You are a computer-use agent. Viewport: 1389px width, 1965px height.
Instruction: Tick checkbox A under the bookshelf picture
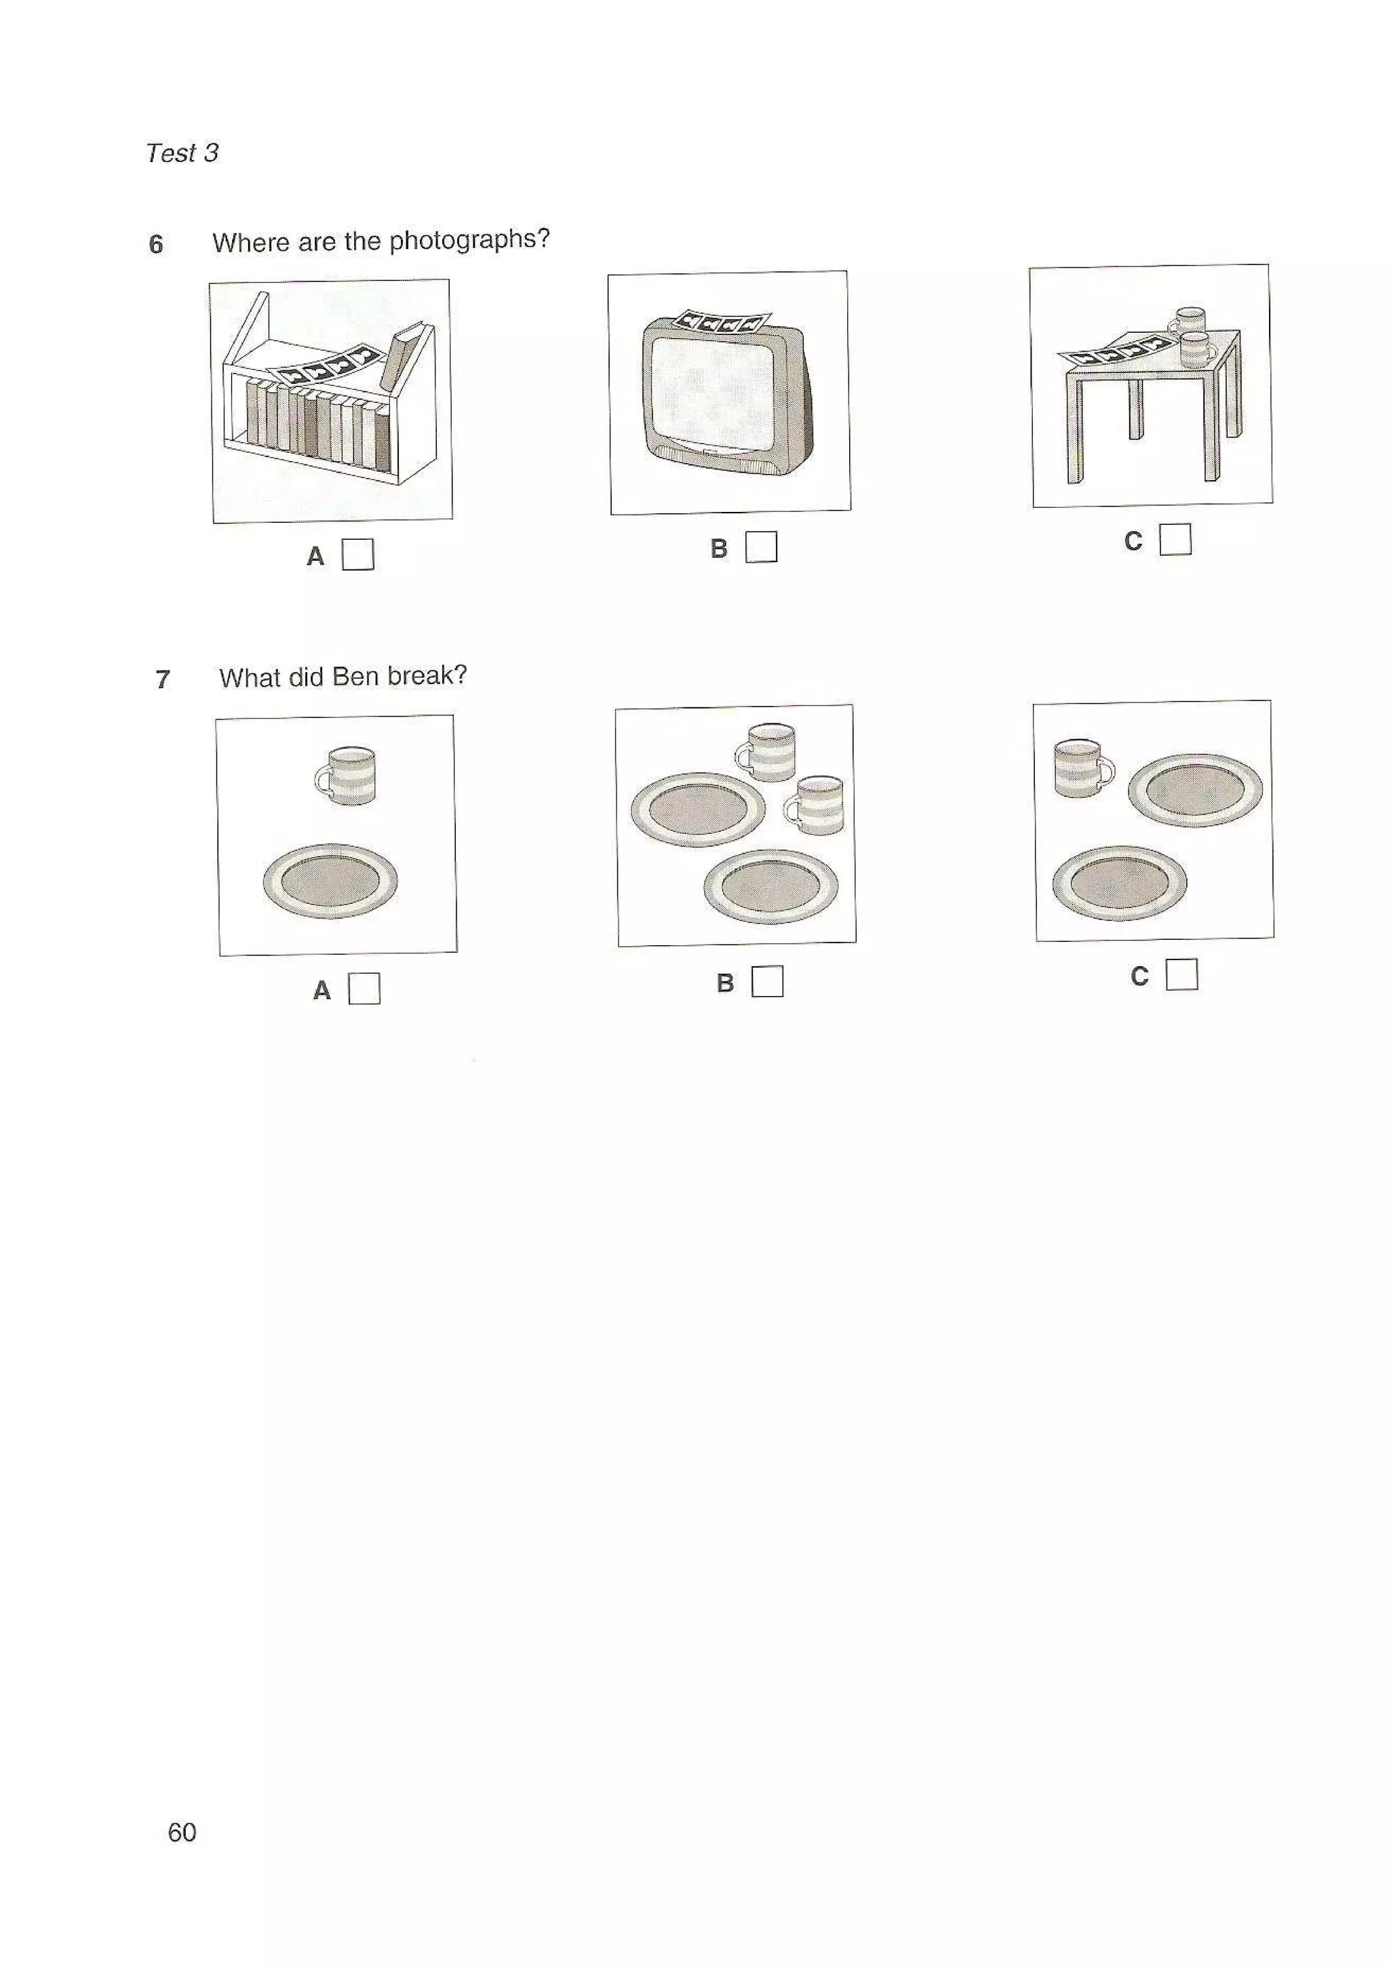(x=357, y=554)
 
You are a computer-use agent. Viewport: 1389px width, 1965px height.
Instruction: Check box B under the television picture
(x=761, y=547)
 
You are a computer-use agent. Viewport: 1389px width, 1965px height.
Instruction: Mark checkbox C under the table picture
(x=1175, y=539)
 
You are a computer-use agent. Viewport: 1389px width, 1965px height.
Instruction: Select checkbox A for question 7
(x=364, y=989)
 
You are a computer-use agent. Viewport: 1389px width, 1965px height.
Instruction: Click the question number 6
(x=156, y=245)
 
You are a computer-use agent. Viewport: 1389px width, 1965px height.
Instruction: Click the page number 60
(x=182, y=1831)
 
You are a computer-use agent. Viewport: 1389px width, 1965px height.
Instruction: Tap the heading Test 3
(x=182, y=153)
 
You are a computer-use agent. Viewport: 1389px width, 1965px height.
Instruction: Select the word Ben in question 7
(x=355, y=677)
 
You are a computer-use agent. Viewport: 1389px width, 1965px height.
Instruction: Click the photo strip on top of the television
(x=720, y=322)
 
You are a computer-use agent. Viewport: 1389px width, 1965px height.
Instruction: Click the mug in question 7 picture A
(x=347, y=776)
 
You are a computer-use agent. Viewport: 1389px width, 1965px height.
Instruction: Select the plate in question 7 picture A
(x=330, y=881)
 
